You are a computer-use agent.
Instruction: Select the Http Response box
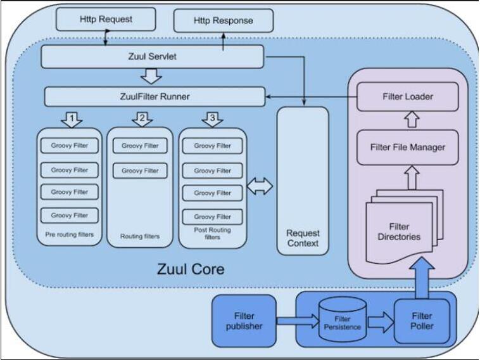click(x=224, y=21)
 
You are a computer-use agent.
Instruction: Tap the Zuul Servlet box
click(x=153, y=57)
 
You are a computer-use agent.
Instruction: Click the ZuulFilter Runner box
click(x=155, y=97)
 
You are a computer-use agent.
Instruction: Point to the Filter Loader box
click(x=408, y=96)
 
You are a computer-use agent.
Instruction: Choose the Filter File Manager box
click(x=408, y=148)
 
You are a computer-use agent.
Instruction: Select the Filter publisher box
click(x=244, y=321)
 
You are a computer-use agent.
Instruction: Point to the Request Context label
click(x=303, y=238)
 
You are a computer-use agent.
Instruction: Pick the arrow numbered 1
click(x=72, y=119)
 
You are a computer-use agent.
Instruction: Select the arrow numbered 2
click(x=142, y=119)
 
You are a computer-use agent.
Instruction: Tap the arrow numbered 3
click(x=212, y=119)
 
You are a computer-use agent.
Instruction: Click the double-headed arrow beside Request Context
click(x=259, y=186)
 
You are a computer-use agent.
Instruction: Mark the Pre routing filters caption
click(x=69, y=235)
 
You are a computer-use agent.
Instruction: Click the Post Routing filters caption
click(x=212, y=233)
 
